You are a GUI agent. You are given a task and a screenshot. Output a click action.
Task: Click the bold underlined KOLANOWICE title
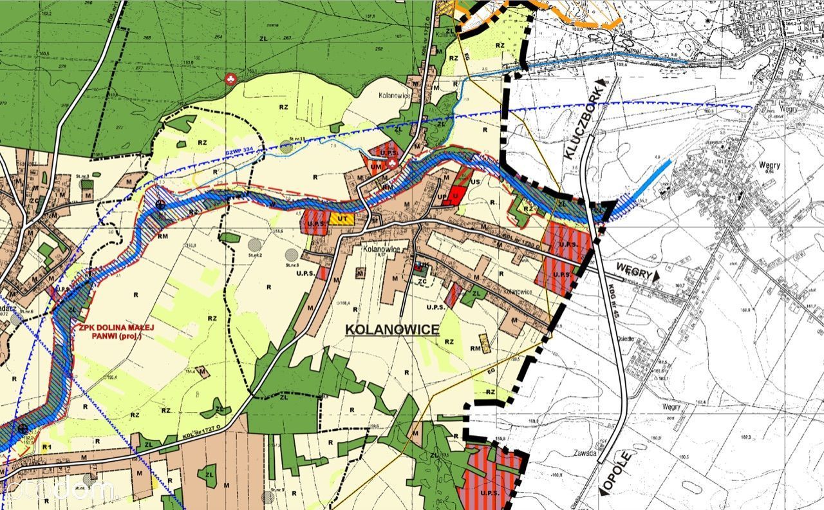point(392,330)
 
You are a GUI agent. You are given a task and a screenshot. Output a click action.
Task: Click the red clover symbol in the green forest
point(230,79)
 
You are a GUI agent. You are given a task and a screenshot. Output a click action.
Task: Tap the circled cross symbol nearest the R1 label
point(23,428)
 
